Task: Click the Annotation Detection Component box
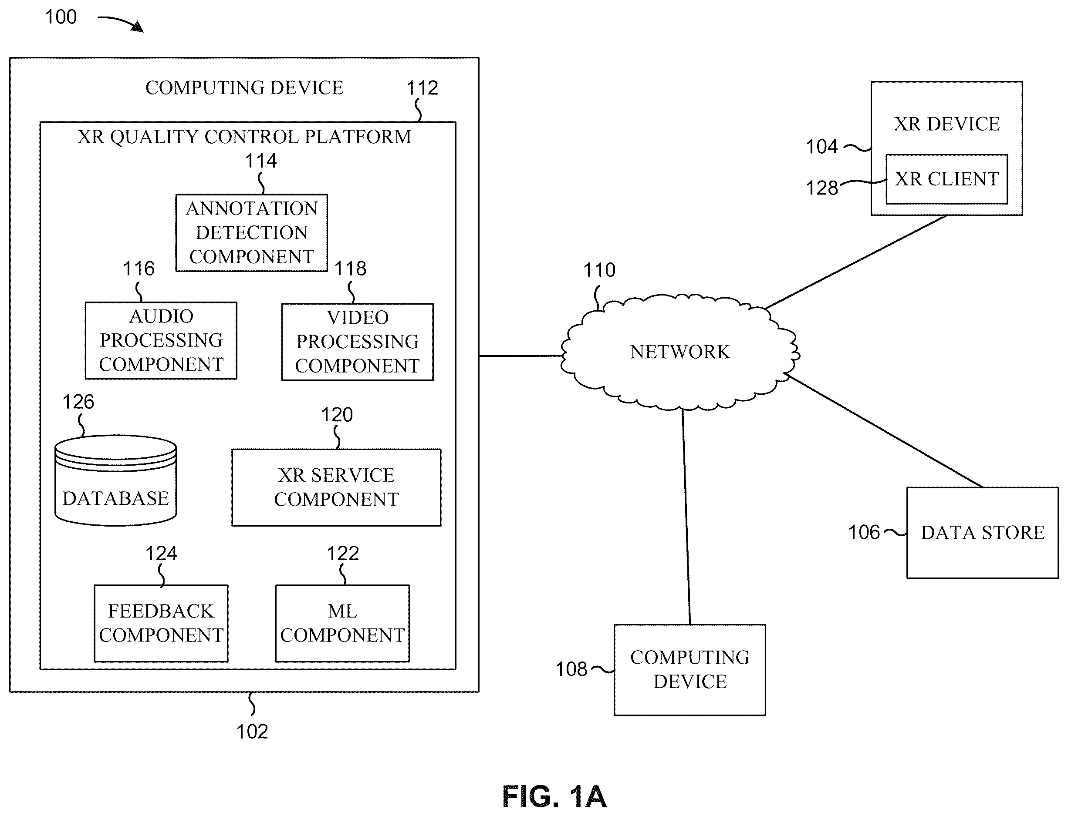[251, 233]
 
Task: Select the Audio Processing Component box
[161, 340]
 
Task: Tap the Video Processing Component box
[357, 342]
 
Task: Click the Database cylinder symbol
[116, 480]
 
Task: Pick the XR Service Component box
[336, 487]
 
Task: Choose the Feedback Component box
[161, 623]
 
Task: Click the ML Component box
[342, 623]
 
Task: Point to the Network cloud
[679, 352]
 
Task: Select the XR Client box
[946, 179]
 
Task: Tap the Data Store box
[983, 533]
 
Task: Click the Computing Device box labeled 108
[690, 670]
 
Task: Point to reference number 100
[61, 17]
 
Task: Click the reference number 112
[422, 88]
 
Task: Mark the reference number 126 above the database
[78, 402]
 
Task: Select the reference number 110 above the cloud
[599, 270]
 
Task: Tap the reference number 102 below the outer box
[252, 732]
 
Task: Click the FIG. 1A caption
[554, 796]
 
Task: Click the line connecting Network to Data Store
[885, 431]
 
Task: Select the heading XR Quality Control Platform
[244, 137]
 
